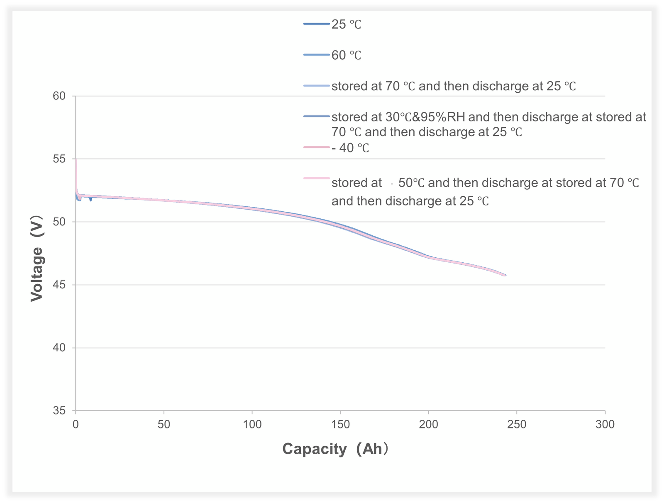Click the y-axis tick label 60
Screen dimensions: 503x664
coord(60,96)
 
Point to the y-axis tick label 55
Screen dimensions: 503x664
coord(60,159)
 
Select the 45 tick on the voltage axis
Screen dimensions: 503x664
coord(60,285)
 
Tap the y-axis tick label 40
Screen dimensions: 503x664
coord(60,348)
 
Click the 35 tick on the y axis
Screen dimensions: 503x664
coord(60,411)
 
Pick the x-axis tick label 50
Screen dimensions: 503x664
coord(164,425)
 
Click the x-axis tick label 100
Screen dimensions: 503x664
coord(252,425)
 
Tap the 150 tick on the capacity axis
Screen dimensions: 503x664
coord(340,425)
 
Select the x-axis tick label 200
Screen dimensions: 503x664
coord(429,425)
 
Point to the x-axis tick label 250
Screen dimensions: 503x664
coord(517,425)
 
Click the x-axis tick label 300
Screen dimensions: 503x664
coord(605,425)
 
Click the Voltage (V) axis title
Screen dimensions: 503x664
coord(37,258)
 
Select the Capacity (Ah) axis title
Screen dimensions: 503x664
coord(335,449)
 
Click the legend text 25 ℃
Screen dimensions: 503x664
coord(347,25)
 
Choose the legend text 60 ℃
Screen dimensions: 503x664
coord(347,56)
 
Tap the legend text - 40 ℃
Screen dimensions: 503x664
coord(350,148)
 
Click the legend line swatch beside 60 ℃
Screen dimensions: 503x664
coord(317,55)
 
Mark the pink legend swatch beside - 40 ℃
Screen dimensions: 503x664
coord(317,147)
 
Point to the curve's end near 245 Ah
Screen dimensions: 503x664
coord(505,275)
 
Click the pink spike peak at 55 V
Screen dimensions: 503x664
coord(76,160)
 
